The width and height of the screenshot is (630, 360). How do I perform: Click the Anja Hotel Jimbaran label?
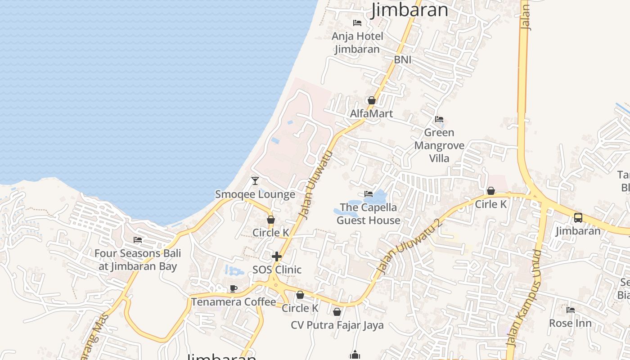pos(357,42)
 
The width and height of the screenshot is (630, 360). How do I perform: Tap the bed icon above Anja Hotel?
pos(357,22)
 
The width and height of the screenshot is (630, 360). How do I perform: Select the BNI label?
pos(403,60)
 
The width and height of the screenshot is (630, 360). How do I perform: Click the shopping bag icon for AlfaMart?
pos(372,100)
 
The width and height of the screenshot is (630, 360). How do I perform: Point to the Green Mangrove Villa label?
pos(439,145)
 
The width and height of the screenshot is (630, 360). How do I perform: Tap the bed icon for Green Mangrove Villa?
pos(439,119)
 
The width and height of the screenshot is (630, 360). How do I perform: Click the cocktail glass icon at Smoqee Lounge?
pos(255,181)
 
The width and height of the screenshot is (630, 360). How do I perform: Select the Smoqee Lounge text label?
pos(255,194)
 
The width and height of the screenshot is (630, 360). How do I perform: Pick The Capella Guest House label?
pos(369,214)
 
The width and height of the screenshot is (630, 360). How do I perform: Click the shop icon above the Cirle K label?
pos(491,191)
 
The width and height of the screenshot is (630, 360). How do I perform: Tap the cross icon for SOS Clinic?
pos(277,256)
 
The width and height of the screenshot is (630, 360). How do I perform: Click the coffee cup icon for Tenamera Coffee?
pos(233,288)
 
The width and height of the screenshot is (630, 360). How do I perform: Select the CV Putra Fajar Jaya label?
pos(337,325)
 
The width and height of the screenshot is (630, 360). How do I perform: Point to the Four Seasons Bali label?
pos(138,260)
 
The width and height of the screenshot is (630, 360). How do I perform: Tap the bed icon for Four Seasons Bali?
pos(138,240)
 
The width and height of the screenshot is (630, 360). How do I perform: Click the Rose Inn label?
pos(570,323)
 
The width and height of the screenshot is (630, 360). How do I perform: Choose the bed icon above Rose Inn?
pos(570,310)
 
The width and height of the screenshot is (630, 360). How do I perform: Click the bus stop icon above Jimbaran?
pos(578,218)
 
